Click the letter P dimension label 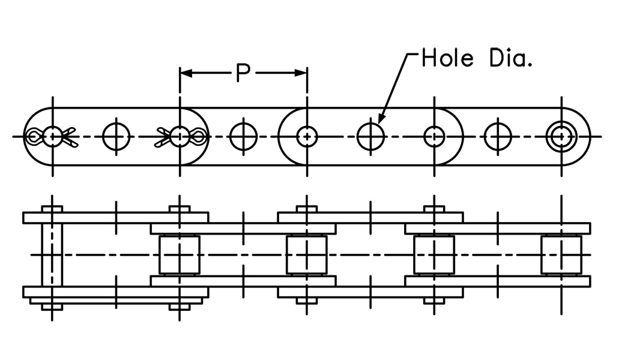243,73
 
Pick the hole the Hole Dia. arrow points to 370,137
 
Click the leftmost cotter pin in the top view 52,137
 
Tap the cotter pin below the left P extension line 180,137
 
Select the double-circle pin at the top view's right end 561,137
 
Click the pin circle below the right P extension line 307,137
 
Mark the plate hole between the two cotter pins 116,137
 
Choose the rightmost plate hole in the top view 498,137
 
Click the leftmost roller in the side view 180,254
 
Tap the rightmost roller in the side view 561,254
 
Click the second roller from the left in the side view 307,254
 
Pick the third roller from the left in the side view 434,254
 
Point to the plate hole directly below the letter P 243,137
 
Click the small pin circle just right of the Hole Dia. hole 434,137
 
